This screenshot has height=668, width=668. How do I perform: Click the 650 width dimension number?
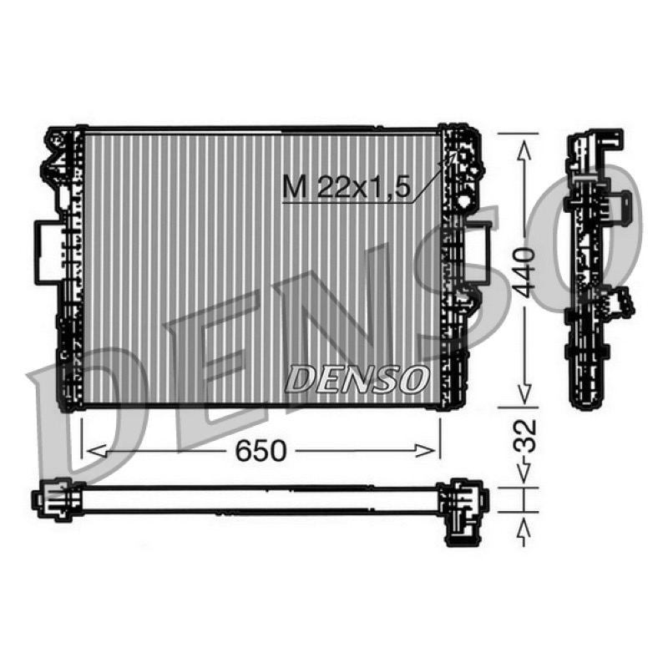tap(261, 451)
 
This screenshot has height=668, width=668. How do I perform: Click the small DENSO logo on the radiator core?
tap(357, 379)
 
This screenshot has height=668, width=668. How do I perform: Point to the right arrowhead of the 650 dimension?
tap(426, 451)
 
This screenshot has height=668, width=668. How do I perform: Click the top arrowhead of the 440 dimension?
tap(524, 151)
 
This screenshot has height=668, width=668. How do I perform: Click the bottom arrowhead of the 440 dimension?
tap(524, 392)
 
